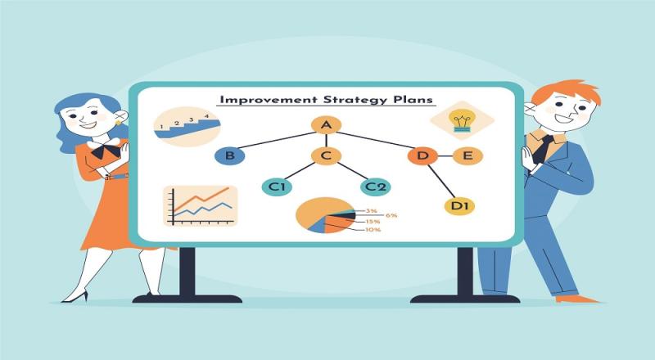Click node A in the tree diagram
(326, 125)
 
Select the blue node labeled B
(230, 156)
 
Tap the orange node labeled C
(326, 156)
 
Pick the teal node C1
(277, 187)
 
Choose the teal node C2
(376, 187)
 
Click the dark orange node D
(422, 156)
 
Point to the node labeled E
(468, 156)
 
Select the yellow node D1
(459, 206)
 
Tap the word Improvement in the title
(269, 100)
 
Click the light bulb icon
(461, 120)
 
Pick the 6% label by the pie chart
(391, 215)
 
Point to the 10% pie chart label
(373, 230)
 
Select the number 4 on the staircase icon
(207, 116)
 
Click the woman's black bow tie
(106, 150)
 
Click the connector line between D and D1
(441, 181)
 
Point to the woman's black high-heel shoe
(75, 296)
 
